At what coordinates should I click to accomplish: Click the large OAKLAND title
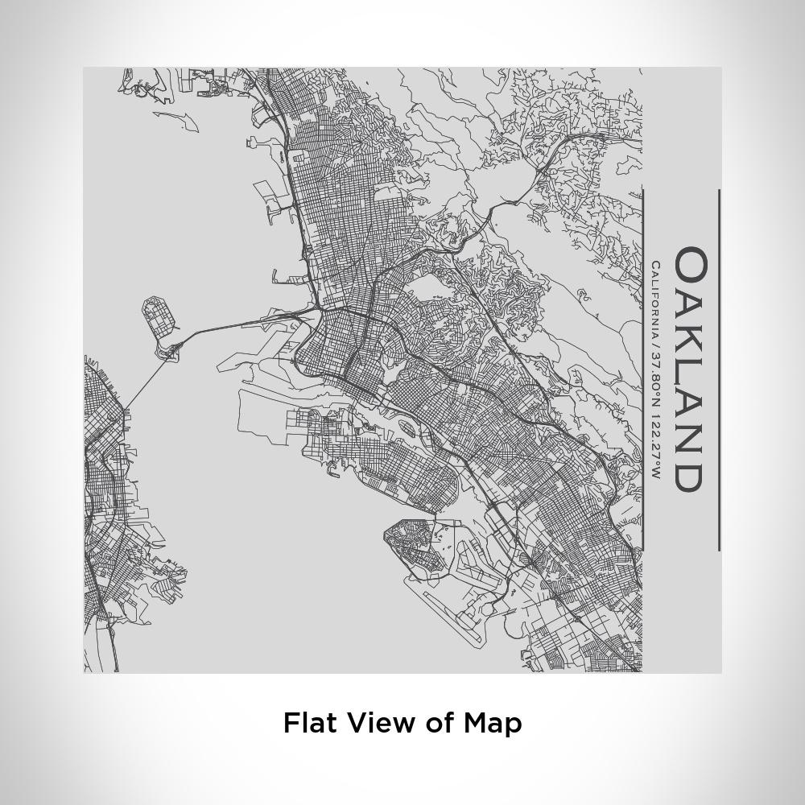click(x=691, y=369)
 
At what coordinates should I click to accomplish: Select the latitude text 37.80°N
click(x=656, y=382)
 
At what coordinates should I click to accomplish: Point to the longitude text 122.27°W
click(x=656, y=447)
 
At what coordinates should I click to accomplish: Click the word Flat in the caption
click(x=306, y=722)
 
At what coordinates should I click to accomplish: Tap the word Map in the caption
click(x=492, y=722)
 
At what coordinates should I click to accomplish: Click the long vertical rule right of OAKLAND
click(x=719, y=370)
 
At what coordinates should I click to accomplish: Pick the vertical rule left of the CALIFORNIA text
click(x=642, y=370)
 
